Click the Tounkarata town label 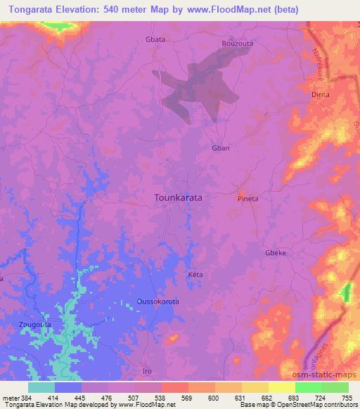point(178,198)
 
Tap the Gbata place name point(155,39)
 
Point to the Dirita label point(321,93)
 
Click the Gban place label point(221,148)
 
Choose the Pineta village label point(247,199)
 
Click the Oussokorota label point(157,301)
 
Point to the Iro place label point(147,371)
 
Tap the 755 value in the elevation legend point(347,397)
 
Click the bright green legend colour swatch point(308,387)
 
